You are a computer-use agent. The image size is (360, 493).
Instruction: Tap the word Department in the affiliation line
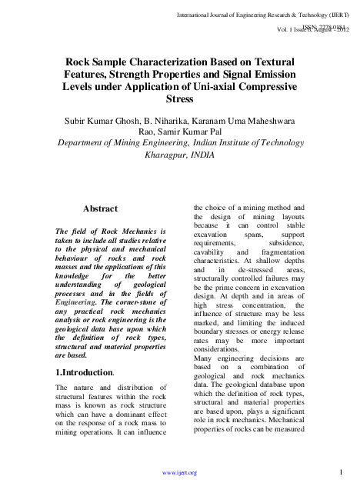click(x=73, y=142)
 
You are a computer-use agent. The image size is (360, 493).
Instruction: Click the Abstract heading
click(x=100, y=208)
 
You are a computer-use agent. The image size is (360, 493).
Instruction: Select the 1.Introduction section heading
click(x=85, y=373)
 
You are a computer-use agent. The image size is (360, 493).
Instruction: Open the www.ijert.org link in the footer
click(x=181, y=472)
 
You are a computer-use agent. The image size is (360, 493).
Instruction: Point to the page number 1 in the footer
click(x=339, y=471)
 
